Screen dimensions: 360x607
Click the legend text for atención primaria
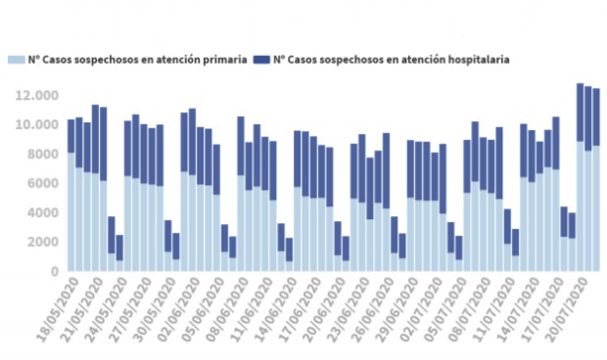coord(137,60)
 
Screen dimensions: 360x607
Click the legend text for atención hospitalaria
coord(391,60)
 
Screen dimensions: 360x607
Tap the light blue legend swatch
coord(17,60)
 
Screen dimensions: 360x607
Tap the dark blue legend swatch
coord(261,60)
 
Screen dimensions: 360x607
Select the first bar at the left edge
coord(71,196)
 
